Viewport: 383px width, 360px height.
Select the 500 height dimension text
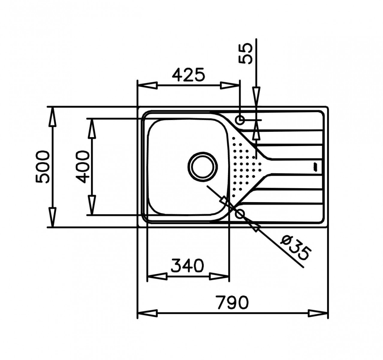pyautogui.click(x=43, y=167)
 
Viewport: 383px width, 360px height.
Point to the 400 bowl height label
pyautogui.click(x=83, y=167)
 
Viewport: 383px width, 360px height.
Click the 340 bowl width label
pyautogui.click(x=187, y=266)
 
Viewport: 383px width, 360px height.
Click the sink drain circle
pyautogui.click(x=203, y=167)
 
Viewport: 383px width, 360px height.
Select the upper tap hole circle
pyautogui.click(x=240, y=120)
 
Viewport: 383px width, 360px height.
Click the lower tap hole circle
pyautogui.click(x=240, y=214)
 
